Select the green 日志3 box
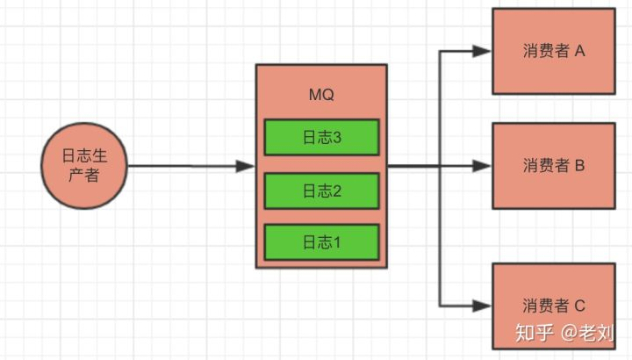click(x=321, y=136)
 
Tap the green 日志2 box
click(x=321, y=190)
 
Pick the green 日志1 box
click(x=321, y=241)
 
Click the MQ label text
click(x=321, y=94)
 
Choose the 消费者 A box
click(x=554, y=51)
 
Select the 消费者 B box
click(x=554, y=166)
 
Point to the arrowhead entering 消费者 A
click(x=482, y=51)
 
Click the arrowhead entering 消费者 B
click(x=482, y=166)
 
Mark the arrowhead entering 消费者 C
click(x=482, y=306)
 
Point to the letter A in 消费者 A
click(x=579, y=51)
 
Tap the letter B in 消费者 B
click(x=579, y=166)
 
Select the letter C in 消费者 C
click(x=579, y=306)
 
